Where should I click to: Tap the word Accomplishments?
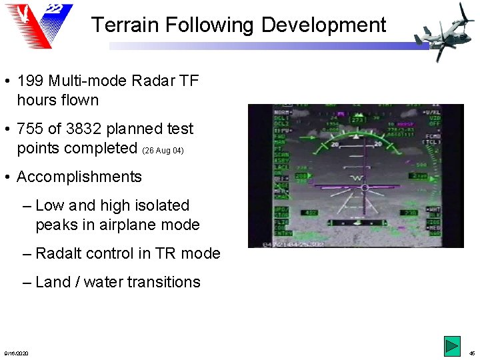pyautogui.click(x=79, y=177)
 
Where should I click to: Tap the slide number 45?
pyautogui.click(x=471, y=353)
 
